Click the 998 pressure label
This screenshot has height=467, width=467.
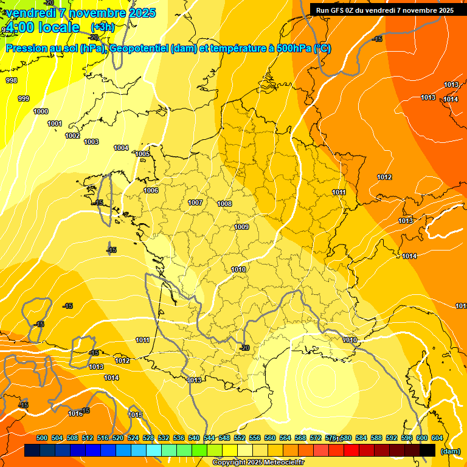(x=12, y=80)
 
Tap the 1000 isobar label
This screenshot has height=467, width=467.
(x=41, y=111)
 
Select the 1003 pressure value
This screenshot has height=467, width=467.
(x=91, y=142)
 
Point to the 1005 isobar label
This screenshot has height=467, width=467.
(x=142, y=154)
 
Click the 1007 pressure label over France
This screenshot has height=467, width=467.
(x=195, y=202)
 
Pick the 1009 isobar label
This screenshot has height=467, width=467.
(x=241, y=227)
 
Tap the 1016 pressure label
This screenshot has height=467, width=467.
(x=75, y=413)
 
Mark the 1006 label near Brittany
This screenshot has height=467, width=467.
(x=151, y=190)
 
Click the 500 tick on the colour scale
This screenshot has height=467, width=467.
(x=42, y=438)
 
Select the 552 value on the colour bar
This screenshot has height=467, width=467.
(x=240, y=438)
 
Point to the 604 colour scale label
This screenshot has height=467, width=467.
(x=437, y=438)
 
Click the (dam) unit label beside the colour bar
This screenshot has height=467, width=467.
(x=450, y=451)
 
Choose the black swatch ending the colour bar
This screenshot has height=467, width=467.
(x=427, y=451)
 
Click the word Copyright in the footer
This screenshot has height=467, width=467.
(x=229, y=463)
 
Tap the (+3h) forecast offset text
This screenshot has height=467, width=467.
(x=102, y=27)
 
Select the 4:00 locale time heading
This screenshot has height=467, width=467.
(x=43, y=27)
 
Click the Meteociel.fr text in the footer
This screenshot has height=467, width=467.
(x=286, y=463)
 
